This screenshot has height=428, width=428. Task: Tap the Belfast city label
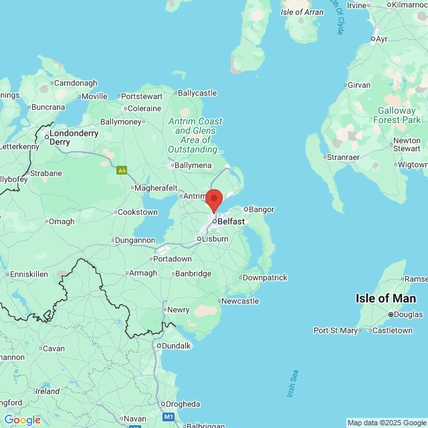tap(231, 221)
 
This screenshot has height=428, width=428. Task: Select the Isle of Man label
tap(386, 298)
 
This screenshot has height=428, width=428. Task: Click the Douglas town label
tap(407, 314)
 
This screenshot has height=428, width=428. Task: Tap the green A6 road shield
tap(122, 171)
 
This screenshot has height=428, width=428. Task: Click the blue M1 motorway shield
tap(169, 417)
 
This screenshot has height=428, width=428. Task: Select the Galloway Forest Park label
tap(399, 115)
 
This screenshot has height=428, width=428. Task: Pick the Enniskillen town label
tap(29, 274)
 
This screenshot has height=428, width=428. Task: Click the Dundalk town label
tap(175, 346)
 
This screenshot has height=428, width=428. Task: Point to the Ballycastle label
tap(197, 93)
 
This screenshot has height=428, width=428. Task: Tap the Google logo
tap(22, 420)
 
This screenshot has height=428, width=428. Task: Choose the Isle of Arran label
tap(302, 12)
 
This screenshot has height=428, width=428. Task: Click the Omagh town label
tap(62, 221)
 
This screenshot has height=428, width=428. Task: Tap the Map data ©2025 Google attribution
tap(387, 423)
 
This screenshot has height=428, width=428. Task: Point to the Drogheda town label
tap(183, 404)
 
